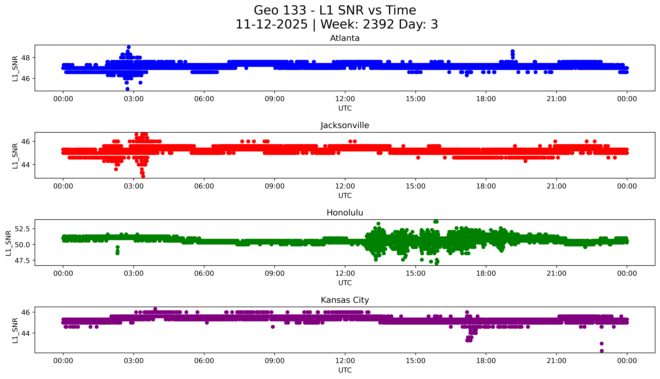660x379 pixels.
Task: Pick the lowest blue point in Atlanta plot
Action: click(127, 89)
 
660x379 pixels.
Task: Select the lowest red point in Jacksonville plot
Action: click(143, 176)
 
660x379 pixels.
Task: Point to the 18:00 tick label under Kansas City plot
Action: click(486, 361)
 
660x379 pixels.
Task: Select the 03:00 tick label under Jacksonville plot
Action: click(134, 186)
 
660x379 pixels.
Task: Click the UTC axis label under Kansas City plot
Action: click(345, 370)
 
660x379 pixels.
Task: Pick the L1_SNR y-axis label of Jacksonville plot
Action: click(15, 156)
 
